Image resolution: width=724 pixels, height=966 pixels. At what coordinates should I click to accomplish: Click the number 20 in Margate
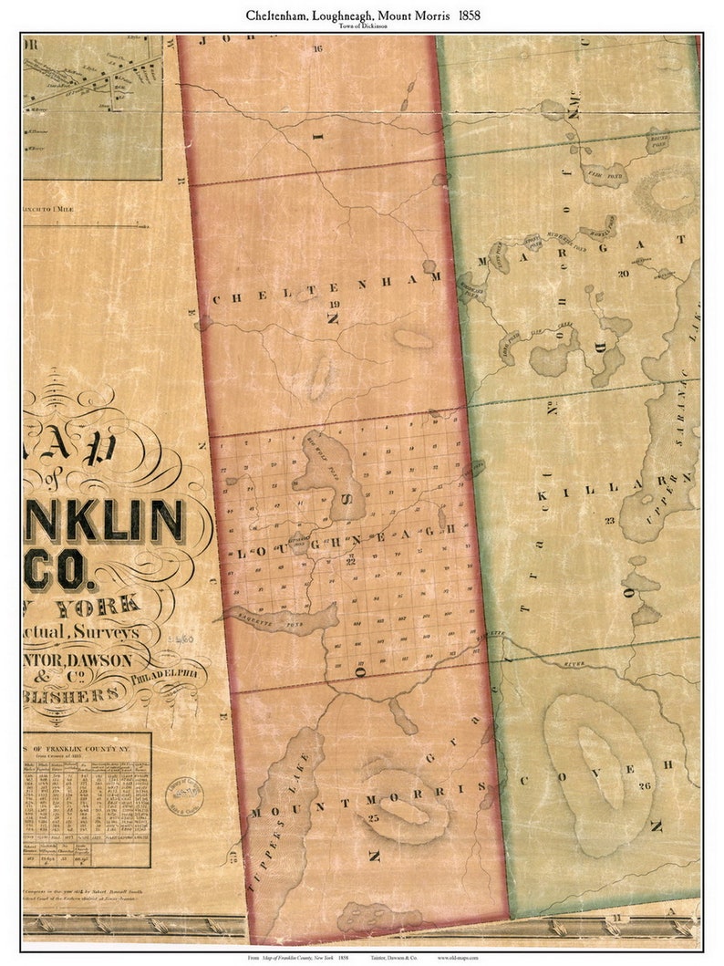[x=623, y=273]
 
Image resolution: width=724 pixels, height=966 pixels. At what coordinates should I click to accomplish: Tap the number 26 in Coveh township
[x=645, y=785]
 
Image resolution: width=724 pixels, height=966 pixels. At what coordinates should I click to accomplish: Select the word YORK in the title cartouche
[x=98, y=605]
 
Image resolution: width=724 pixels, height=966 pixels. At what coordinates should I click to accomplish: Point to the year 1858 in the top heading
[x=470, y=16]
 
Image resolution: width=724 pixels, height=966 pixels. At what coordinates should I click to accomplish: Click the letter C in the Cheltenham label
[x=216, y=298]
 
